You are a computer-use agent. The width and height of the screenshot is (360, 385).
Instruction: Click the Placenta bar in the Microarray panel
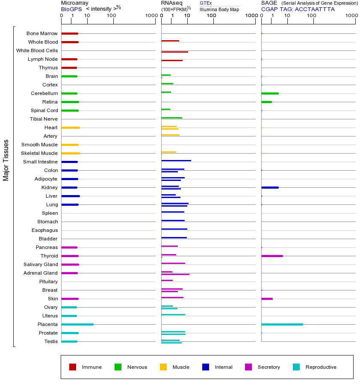77,324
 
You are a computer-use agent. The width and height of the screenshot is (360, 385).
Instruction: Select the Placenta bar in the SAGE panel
282,324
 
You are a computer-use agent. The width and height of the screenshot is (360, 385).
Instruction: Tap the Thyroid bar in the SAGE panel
272,256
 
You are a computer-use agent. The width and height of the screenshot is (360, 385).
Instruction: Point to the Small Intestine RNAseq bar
176,160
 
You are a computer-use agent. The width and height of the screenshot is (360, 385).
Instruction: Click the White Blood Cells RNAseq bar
174,52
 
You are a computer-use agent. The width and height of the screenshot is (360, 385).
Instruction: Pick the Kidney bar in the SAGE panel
270,187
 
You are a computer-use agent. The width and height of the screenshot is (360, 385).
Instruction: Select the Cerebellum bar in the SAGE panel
270,93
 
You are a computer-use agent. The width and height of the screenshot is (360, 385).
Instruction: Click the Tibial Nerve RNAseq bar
171,118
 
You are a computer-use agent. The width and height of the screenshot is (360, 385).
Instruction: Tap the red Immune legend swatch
73,367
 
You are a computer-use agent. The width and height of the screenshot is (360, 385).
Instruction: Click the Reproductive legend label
321,367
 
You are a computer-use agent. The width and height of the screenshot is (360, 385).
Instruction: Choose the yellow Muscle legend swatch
163,367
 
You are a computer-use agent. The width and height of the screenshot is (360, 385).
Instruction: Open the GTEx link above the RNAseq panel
206,3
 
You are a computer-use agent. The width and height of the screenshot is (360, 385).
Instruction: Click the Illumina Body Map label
219,9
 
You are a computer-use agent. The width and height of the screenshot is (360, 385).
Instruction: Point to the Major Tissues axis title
6,160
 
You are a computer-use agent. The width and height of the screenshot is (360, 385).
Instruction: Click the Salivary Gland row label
41,264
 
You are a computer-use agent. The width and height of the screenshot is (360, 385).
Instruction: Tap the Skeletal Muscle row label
39,153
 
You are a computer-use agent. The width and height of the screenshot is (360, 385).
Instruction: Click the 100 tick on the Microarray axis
112,16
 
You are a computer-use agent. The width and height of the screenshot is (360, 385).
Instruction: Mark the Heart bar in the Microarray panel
71,127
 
